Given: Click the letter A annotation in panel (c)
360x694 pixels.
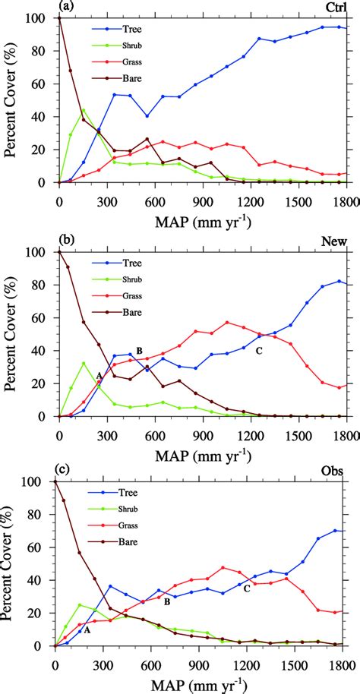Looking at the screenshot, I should [x=87, y=629].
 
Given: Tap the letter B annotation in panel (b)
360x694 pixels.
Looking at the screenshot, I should [x=139, y=350].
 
